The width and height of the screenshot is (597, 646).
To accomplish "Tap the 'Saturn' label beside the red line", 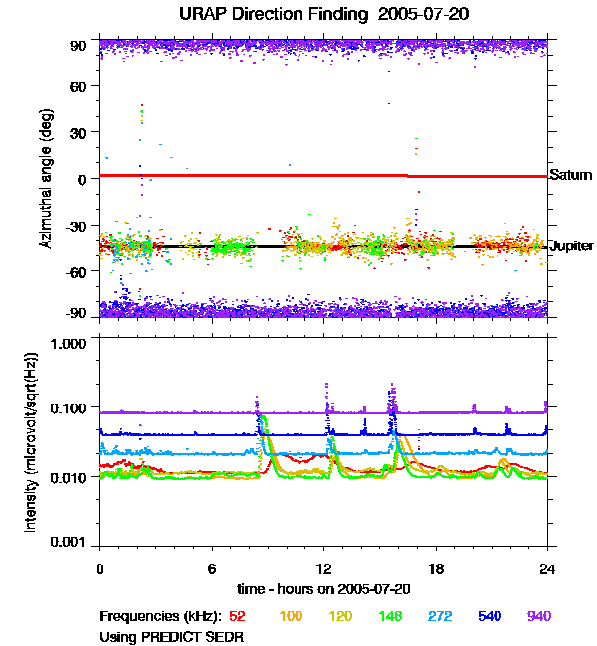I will (571, 175).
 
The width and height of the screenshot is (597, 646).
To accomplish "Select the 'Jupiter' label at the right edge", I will (572, 245).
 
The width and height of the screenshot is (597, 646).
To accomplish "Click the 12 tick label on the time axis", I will (323, 568).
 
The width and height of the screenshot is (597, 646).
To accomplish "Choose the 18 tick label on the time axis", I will (436, 568).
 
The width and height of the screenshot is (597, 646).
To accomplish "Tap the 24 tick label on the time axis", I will (547, 568).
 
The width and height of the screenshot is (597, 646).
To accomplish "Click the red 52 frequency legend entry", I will (237, 616).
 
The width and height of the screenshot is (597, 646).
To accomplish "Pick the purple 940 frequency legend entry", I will (538, 616).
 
